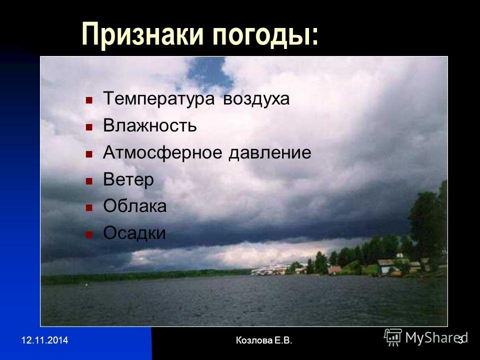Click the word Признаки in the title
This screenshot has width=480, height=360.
click(142, 34)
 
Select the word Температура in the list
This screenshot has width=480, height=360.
click(159, 99)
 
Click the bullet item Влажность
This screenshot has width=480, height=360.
click(149, 125)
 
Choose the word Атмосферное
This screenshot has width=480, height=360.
click(162, 152)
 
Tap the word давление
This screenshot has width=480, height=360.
click(270, 153)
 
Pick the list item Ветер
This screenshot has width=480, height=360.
click(128, 179)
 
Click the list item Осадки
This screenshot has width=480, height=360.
click(134, 233)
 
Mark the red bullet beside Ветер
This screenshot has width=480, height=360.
click(89, 181)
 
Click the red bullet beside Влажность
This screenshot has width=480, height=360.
click(89, 127)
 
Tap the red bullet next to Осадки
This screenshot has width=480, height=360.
click(89, 235)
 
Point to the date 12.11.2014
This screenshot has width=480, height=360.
click(44, 340)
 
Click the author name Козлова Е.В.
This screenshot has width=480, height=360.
click(264, 340)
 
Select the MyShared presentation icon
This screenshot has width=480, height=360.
click(393, 337)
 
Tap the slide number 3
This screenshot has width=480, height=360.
click(460, 340)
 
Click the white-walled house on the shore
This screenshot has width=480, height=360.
click(386, 266)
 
